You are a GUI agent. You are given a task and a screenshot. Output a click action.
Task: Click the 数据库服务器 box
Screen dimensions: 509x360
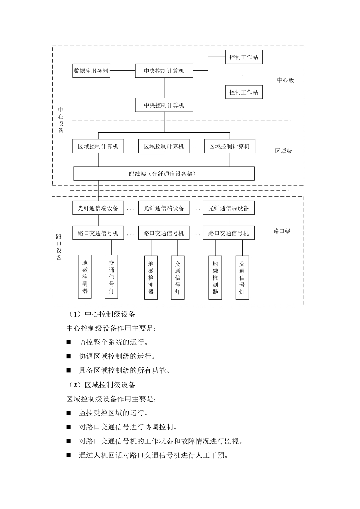[x=91, y=71]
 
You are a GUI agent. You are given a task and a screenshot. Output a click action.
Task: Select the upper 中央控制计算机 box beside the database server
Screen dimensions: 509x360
[x=164, y=71]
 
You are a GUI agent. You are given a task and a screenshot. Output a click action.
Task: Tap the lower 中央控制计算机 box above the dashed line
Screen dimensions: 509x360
[x=164, y=105]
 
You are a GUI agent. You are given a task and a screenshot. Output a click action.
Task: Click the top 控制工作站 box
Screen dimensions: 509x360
[x=244, y=58]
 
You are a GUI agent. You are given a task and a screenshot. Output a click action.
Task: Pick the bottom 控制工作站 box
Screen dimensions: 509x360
[x=244, y=92]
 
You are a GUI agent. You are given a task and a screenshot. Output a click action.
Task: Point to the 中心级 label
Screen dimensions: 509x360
[x=285, y=80]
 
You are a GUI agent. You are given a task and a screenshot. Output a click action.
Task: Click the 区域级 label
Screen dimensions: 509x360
[x=283, y=151]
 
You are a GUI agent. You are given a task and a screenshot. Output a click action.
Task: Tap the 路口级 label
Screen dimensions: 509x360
[x=282, y=231]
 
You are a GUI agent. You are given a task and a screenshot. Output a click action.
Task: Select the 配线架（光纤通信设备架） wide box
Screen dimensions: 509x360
[x=164, y=174]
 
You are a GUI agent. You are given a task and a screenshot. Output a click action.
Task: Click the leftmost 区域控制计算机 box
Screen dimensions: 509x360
[x=98, y=147]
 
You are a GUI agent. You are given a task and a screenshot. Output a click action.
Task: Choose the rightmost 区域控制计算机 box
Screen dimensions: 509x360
[x=229, y=147]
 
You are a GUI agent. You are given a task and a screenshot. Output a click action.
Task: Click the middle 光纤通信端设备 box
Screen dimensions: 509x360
[x=164, y=208]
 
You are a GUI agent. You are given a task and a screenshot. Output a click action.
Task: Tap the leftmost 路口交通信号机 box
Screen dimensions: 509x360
[x=98, y=233]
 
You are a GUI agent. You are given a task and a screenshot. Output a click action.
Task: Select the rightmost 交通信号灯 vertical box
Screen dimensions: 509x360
[x=242, y=278]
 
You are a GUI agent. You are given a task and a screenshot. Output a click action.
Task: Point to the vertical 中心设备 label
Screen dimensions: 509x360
[x=61, y=120]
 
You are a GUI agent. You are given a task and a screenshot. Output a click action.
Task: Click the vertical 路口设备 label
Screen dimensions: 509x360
[x=59, y=247]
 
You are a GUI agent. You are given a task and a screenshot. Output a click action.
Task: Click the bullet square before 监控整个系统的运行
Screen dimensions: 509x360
[x=69, y=342]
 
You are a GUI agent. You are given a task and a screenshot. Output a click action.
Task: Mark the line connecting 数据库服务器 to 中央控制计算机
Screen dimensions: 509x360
[x=122, y=71]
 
